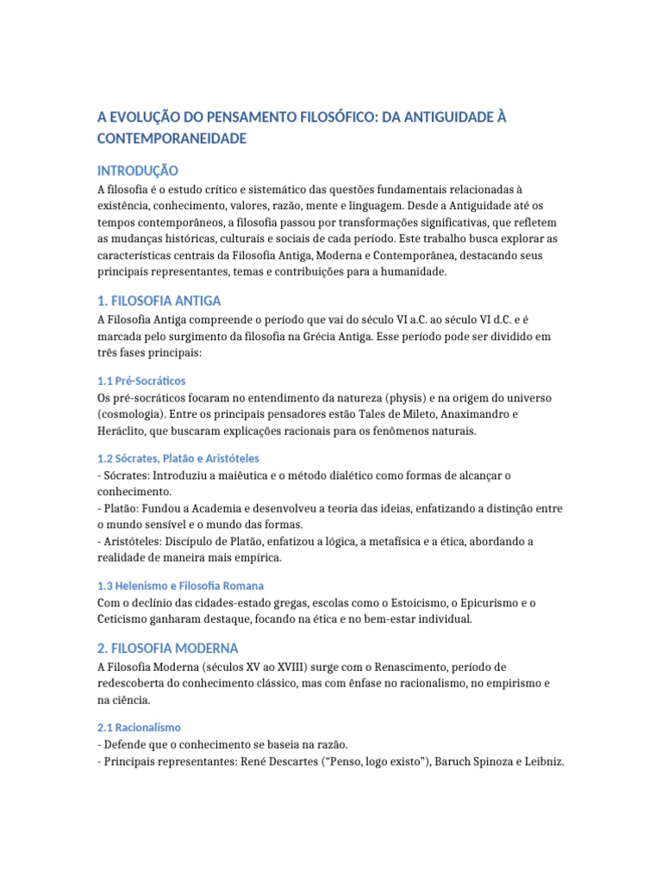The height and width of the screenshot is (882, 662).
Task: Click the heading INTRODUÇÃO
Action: tap(138, 171)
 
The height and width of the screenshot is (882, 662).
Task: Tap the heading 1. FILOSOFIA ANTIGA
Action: tap(159, 301)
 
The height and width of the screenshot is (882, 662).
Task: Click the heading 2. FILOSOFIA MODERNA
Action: tap(168, 648)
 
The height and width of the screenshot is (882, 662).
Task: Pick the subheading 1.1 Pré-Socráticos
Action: tap(141, 381)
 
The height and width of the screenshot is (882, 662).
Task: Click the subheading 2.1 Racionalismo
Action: tap(139, 728)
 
